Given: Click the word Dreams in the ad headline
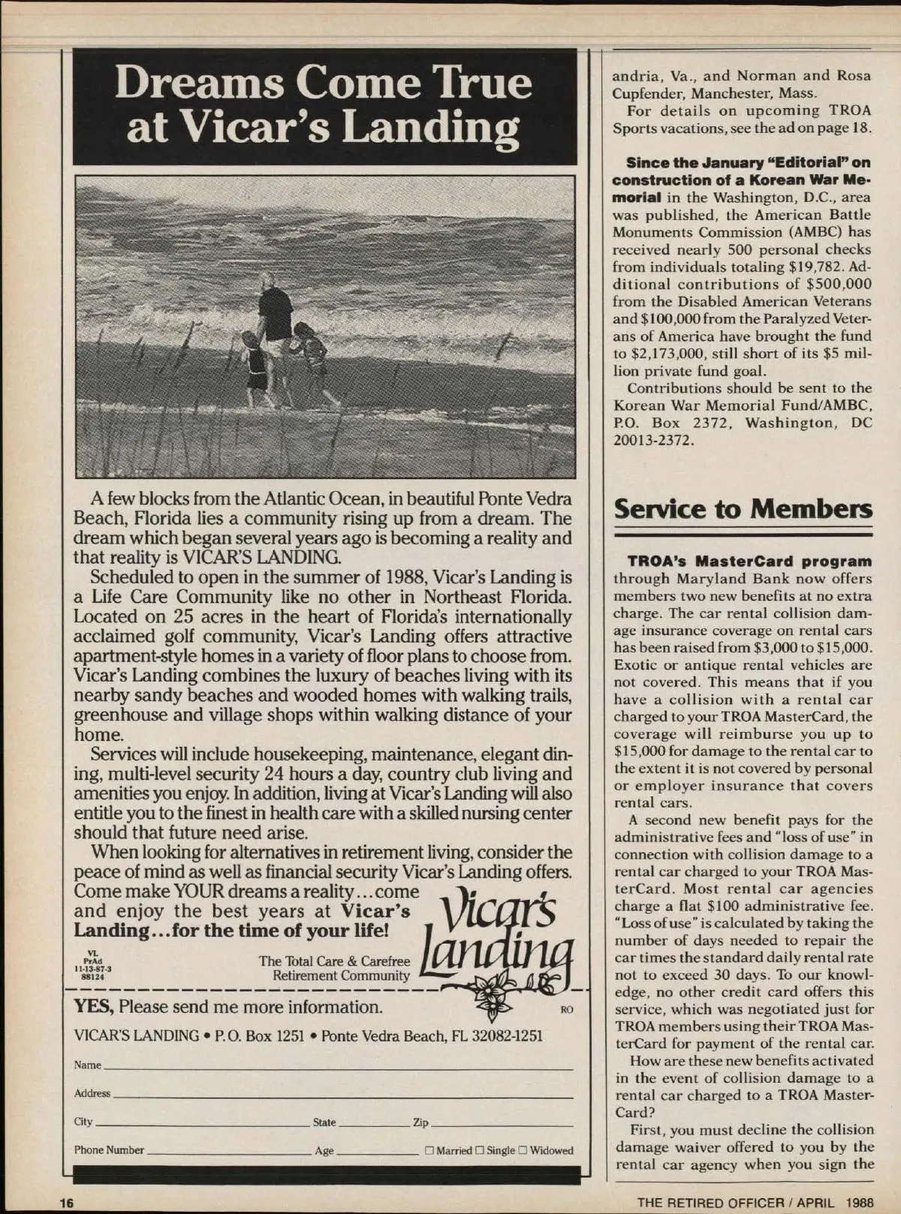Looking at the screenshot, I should coord(198,82).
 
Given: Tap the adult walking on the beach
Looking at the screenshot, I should coord(276,330).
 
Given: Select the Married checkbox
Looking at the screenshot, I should coord(429,1150).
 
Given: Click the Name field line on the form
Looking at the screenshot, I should coord(338,1066).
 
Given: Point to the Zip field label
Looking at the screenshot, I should coord(420,1122).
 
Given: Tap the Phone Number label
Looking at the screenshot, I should coord(109,1150).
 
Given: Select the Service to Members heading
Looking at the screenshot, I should coord(743,508).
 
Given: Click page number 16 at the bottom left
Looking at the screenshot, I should coord(67,1201).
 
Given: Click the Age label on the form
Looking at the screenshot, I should coord(324,1150).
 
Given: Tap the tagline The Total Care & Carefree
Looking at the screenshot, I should coord(334,961).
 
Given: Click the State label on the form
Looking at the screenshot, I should coord(324,1122).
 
